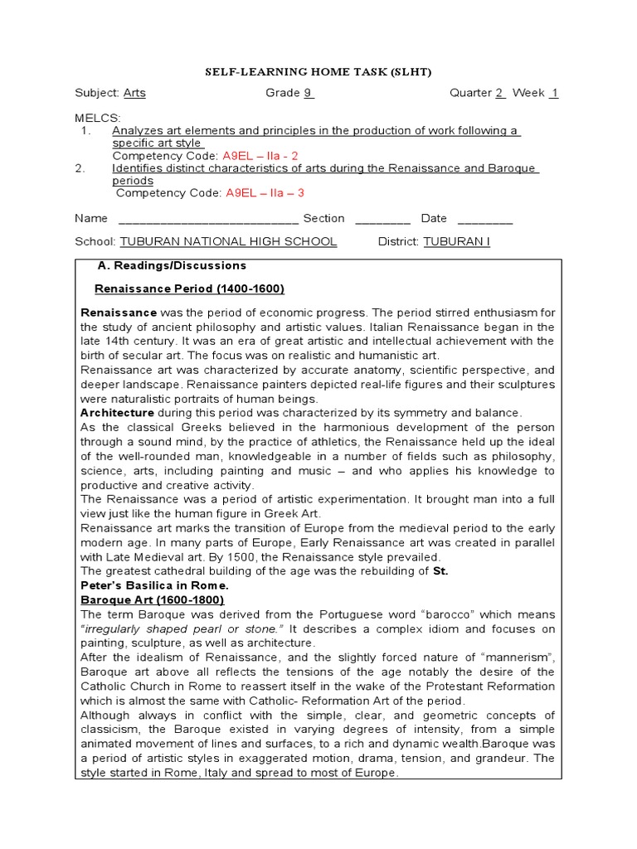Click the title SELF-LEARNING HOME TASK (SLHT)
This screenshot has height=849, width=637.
tap(318, 72)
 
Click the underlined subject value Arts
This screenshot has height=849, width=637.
tap(134, 93)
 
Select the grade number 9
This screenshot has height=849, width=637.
tap(308, 93)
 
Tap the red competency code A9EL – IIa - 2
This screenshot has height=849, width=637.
tap(260, 156)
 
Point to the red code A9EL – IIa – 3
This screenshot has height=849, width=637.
tap(265, 193)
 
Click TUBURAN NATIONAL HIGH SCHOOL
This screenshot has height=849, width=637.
tap(228, 241)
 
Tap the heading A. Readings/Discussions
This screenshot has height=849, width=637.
tap(172, 266)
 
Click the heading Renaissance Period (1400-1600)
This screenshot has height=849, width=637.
tap(189, 289)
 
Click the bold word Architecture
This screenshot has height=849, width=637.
tap(117, 412)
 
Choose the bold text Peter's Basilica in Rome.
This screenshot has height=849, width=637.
tap(153, 585)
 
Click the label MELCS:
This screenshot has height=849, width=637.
tap(98, 119)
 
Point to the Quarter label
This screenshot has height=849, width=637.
tap(470, 93)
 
